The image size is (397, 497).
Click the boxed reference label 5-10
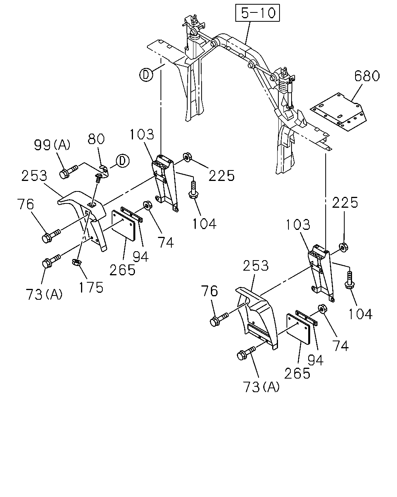pos(257,13)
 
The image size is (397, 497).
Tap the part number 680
pos(367,76)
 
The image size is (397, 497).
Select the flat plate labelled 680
pos(338,111)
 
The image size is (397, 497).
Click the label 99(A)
pos(52,145)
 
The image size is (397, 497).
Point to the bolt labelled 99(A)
pos(69,171)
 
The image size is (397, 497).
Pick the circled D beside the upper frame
pos(146,75)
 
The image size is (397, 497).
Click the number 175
pos(91,287)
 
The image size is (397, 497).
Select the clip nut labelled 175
pos(76,262)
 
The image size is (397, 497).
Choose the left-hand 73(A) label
pos(44,294)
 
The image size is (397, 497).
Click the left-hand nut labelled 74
pos(147,205)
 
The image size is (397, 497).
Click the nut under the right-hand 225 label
pos(343,247)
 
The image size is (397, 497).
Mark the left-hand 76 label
pos(26,204)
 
